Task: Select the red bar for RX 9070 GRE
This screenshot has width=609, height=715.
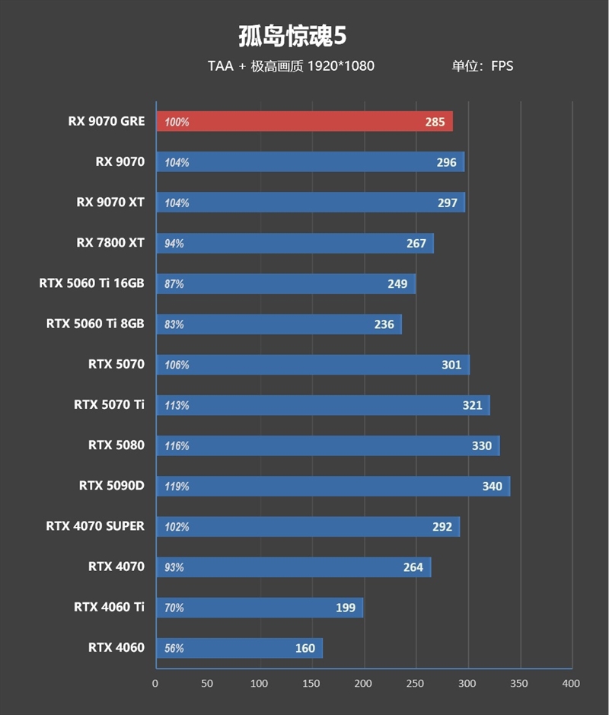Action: (x=304, y=122)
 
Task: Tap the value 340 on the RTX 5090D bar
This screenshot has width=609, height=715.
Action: (x=492, y=487)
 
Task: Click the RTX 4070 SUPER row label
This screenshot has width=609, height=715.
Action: (x=95, y=526)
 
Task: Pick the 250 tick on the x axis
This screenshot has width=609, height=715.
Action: (x=415, y=684)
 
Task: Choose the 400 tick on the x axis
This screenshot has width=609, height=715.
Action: (x=570, y=684)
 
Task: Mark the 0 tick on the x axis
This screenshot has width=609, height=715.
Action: (x=155, y=684)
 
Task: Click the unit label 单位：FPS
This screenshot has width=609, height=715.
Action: (x=483, y=66)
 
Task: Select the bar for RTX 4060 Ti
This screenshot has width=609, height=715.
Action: (x=259, y=608)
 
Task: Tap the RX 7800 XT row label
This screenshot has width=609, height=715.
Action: (x=110, y=244)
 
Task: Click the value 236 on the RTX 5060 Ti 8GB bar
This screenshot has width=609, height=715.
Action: (x=384, y=324)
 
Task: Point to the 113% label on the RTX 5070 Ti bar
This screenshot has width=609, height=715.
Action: (x=177, y=406)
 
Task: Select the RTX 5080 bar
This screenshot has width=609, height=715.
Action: (x=327, y=446)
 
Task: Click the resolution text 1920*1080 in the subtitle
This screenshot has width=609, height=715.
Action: (x=340, y=66)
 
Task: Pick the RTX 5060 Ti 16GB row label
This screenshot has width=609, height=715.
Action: (x=91, y=284)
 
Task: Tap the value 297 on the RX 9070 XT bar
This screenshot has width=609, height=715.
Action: (x=448, y=203)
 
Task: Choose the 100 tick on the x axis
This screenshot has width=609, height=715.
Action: (x=260, y=684)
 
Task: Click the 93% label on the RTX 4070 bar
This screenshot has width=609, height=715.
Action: (x=174, y=567)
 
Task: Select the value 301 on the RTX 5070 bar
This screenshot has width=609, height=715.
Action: (x=451, y=365)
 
